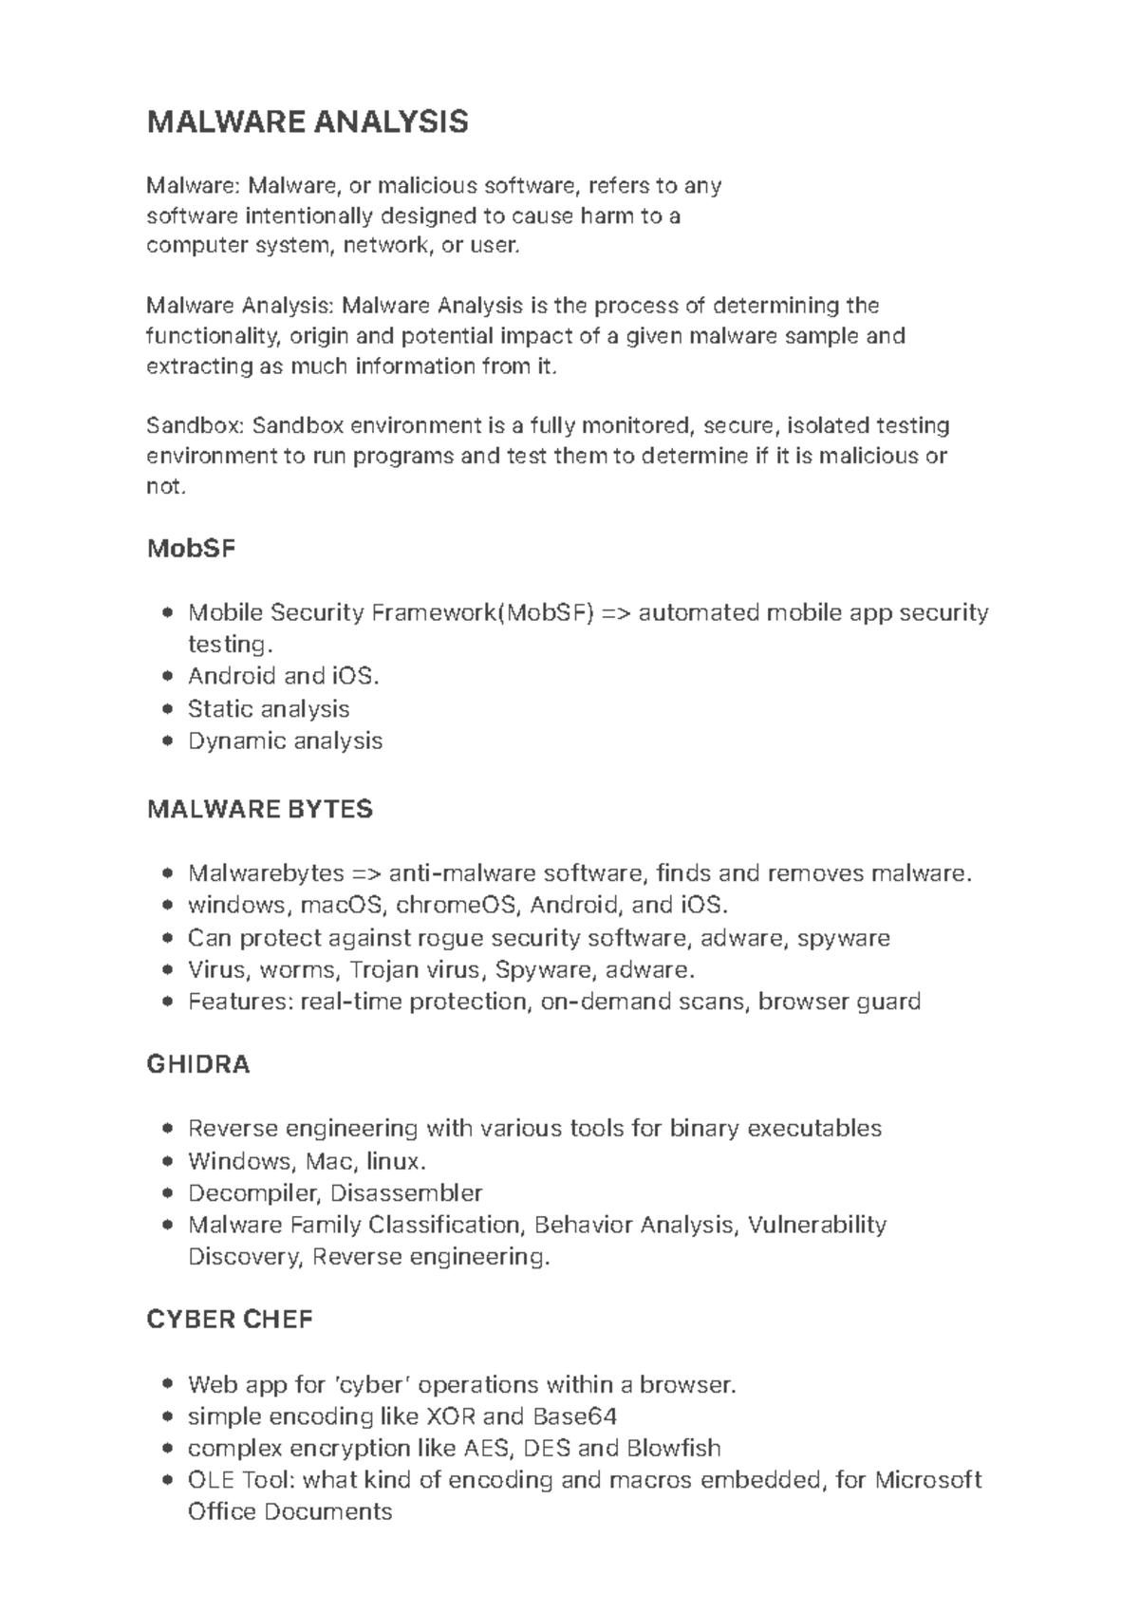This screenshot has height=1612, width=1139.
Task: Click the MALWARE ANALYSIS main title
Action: coord(308,122)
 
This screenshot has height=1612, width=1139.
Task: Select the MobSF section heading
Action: coord(191,549)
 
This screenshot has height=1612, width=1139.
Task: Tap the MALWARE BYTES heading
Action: coord(260,809)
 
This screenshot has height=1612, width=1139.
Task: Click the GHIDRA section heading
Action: coord(198,1064)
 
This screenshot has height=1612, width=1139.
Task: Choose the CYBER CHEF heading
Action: coord(230,1320)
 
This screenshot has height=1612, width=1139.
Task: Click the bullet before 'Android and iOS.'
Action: coord(168,677)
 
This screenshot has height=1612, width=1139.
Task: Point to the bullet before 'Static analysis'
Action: coord(168,709)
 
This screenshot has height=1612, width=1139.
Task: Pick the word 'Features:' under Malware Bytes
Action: coord(240,1002)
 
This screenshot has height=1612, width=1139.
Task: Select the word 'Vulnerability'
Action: coord(817,1225)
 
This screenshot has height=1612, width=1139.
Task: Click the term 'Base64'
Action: coord(575,1416)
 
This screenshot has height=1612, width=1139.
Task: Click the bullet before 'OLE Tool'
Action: coord(168,1480)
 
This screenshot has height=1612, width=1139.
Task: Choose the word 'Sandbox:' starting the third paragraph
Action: coord(196,425)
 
